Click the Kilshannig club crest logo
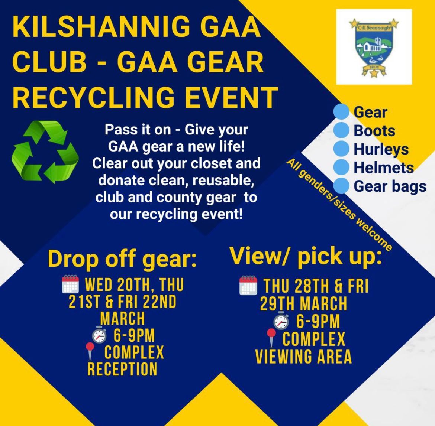(374, 46)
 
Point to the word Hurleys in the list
(381, 149)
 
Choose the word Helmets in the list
(383, 168)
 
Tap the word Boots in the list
(374, 131)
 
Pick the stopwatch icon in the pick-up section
(281, 321)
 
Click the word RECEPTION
(122, 369)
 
